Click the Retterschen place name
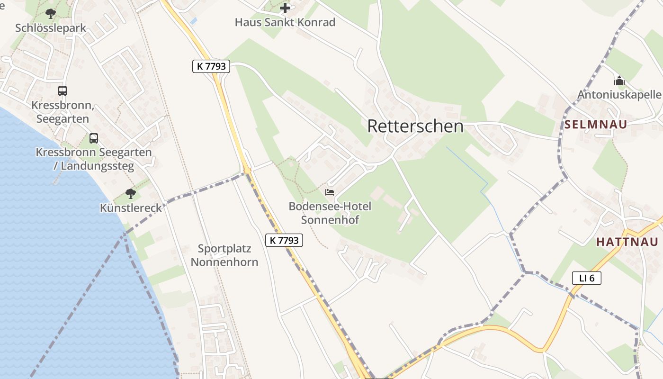pos(415,126)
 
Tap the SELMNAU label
pos(596,125)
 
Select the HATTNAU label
pos(627,242)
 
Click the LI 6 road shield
pos(586,278)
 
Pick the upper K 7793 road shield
pos(211,66)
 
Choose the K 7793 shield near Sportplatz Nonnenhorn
pos(284,240)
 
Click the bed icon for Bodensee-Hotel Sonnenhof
pos(330,192)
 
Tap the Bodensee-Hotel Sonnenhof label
pos(330,213)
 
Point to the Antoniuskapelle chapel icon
pos(619,81)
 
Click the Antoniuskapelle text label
pos(619,95)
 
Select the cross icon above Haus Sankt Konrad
pos(285,8)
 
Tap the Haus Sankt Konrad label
pos(285,22)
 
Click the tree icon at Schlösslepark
pos(51,14)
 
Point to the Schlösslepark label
pos(51,28)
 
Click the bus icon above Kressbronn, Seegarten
pos(63,90)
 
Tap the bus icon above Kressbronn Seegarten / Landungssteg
pos(94,138)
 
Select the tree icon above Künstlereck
pos(131,193)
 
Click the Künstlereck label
pos(131,208)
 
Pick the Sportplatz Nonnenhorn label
pos(224,255)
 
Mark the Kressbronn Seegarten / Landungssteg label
pos(94,159)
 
